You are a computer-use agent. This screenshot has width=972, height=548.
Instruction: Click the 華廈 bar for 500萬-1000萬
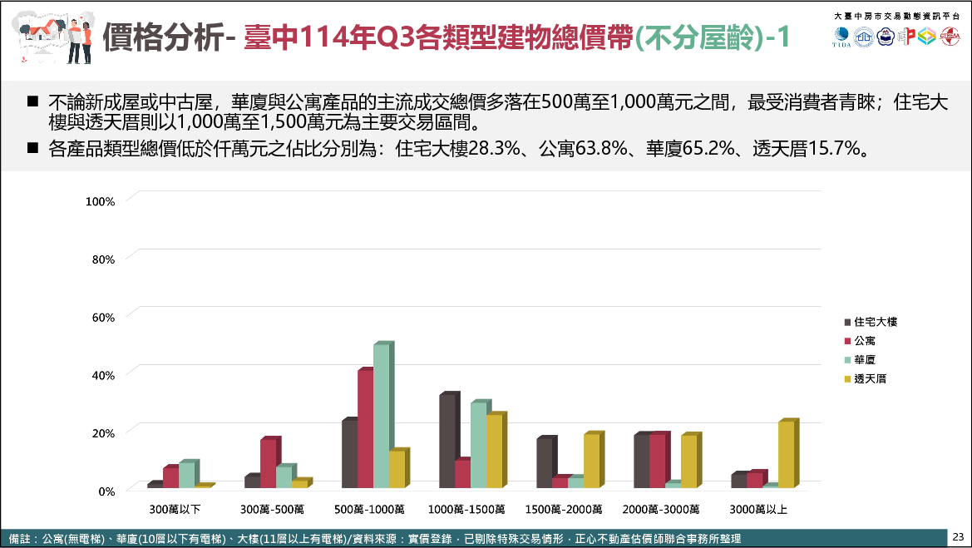[x=381, y=416]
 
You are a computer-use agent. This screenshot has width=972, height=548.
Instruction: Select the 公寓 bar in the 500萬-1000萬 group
[x=365, y=429]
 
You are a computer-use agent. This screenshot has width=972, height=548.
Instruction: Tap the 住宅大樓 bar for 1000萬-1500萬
[x=447, y=441]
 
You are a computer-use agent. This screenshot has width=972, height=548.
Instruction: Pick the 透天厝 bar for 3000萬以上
[x=786, y=455]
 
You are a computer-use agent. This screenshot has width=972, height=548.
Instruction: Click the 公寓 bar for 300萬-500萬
[x=268, y=463]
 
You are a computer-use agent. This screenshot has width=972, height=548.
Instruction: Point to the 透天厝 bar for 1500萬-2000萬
[x=591, y=461]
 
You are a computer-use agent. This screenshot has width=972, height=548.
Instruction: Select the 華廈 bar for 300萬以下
[x=186, y=475]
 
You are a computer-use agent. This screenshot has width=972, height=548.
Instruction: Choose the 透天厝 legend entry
[x=870, y=379]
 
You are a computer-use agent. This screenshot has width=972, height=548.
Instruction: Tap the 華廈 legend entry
[x=865, y=360]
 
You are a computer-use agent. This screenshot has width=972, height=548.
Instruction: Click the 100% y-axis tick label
[x=101, y=201]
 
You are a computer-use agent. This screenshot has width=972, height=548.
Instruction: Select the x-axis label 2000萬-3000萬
[x=661, y=509]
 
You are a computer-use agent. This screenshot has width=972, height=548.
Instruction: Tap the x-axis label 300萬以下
[x=175, y=509]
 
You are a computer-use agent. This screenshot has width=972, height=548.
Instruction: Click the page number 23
[x=959, y=536]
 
